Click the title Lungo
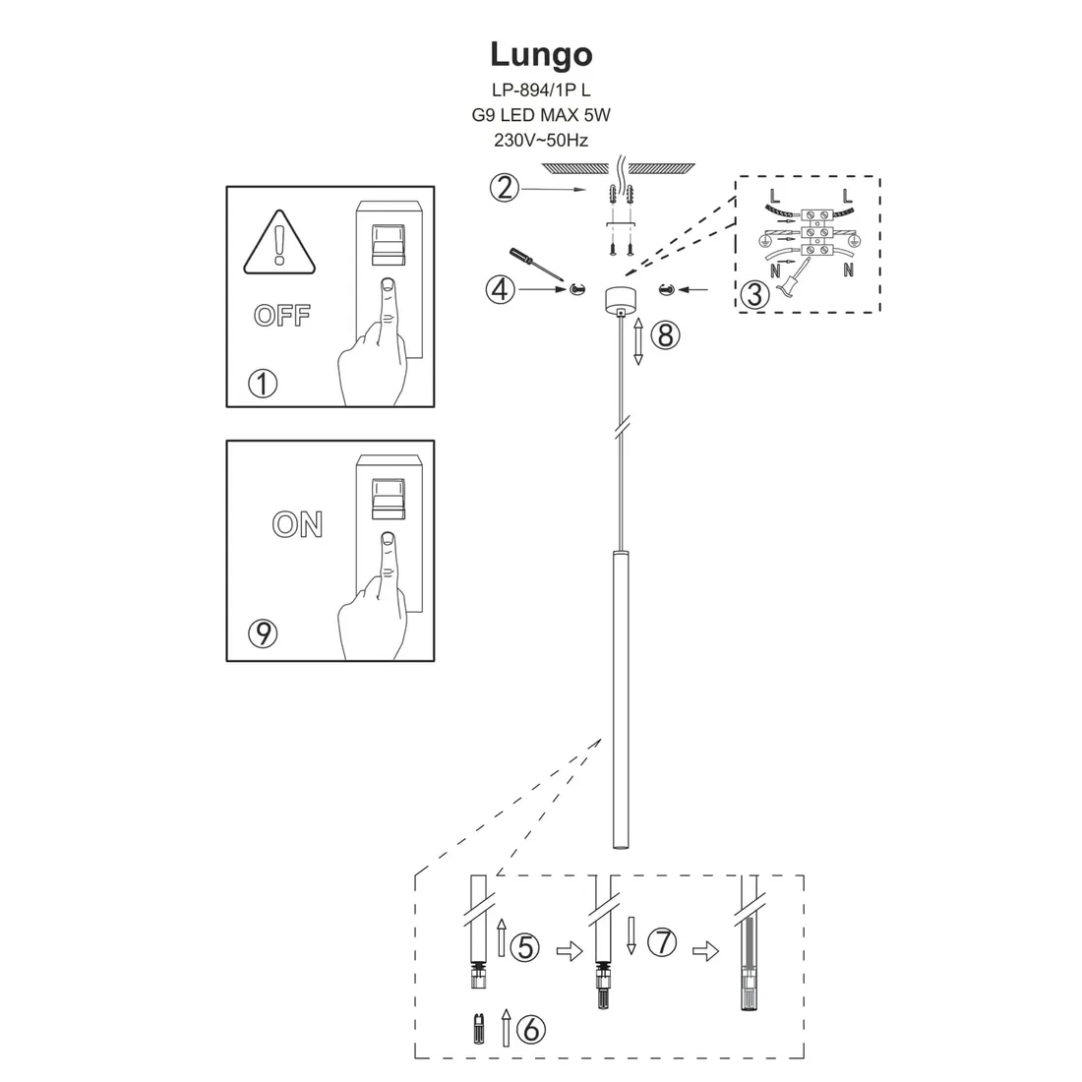click(541, 54)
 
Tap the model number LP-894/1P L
click(541, 89)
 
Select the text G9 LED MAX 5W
click(541, 114)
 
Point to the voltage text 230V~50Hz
click(541, 140)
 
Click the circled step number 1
click(264, 384)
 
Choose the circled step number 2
click(504, 187)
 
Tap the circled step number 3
click(754, 293)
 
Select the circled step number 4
click(500, 289)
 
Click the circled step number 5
click(527, 946)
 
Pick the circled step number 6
click(530, 1029)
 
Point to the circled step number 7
click(663, 942)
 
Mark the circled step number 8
click(665, 335)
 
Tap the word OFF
click(282, 316)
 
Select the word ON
click(297, 524)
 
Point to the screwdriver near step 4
click(532, 264)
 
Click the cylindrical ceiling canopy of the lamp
click(621, 298)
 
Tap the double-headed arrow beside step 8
click(637, 342)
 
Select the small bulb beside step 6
click(477, 1029)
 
